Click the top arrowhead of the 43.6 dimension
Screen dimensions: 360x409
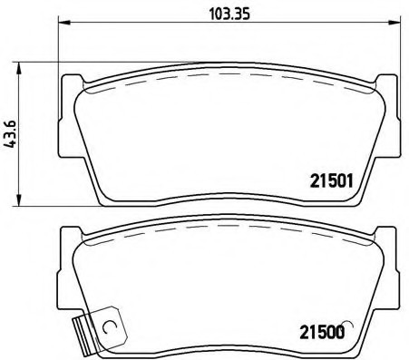pos(21,66)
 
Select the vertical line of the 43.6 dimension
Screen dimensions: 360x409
pos(21,136)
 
